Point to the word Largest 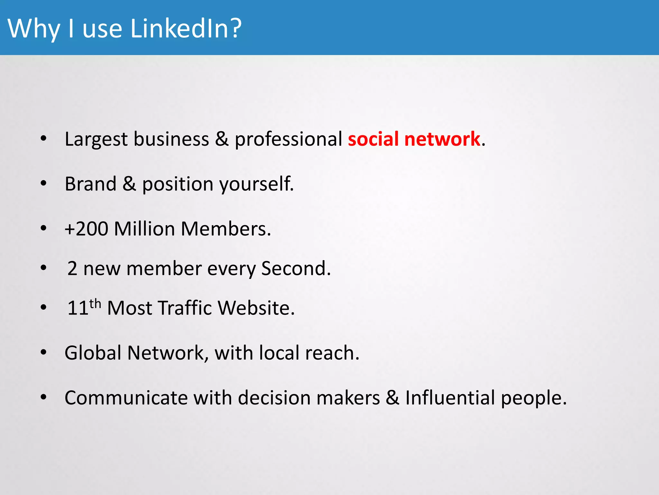[x=96, y=140]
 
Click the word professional [x=288, y=140]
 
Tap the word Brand [x=90, y=184]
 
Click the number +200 [x=86, y=229]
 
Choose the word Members [x=226, y=229]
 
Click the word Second [x=295, y=268]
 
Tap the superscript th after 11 [x=95, y=304]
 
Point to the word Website [x=256, y=308]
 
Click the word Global [x=93, y=353]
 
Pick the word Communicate [x=126, y=398]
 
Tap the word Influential [x=450, y=398]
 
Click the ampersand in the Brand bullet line [x=129, y=184]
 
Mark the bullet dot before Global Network [x=43, y=352]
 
